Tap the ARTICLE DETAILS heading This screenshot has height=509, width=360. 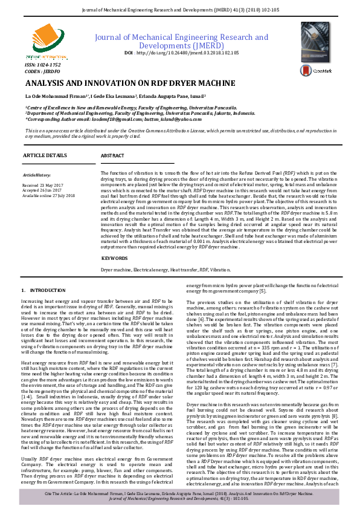(x=45, y=155)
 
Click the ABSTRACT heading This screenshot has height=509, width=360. (x=113, y=155)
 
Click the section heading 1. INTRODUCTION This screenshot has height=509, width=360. (x=43, y=291)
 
